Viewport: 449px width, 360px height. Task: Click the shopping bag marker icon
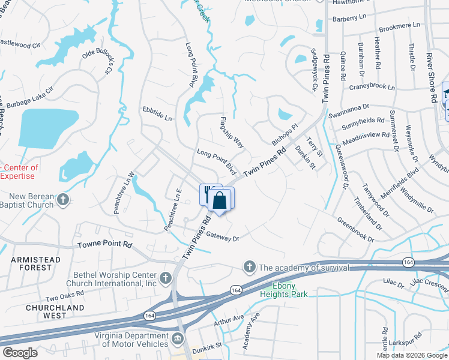pos(220,200)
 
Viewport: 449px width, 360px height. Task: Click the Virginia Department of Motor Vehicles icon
pos(178,339)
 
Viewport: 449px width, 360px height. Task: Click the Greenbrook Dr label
pos(355,230)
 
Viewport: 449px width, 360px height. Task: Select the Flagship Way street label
pos(232,133)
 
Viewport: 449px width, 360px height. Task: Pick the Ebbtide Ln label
pos(157,113)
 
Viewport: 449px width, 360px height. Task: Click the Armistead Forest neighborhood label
pos(35,263)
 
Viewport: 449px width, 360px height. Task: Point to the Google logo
pos(20,352)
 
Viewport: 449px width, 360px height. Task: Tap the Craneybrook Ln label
pos(372,87)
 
